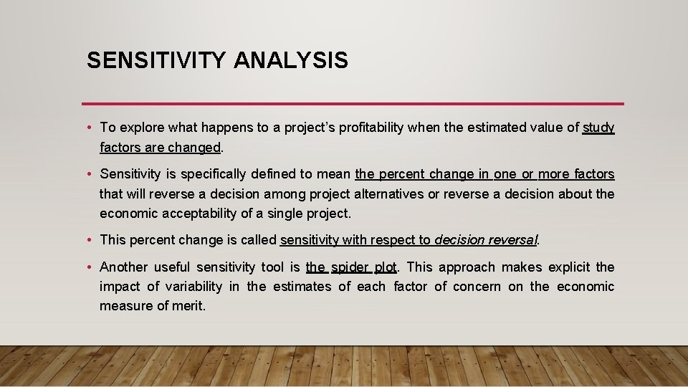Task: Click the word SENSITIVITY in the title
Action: coord(156,60)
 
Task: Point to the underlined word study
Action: coord(598,128)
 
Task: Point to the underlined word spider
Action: coord(350,267)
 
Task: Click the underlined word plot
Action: coord(386,267)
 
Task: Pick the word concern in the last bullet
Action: coord(477,287)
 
